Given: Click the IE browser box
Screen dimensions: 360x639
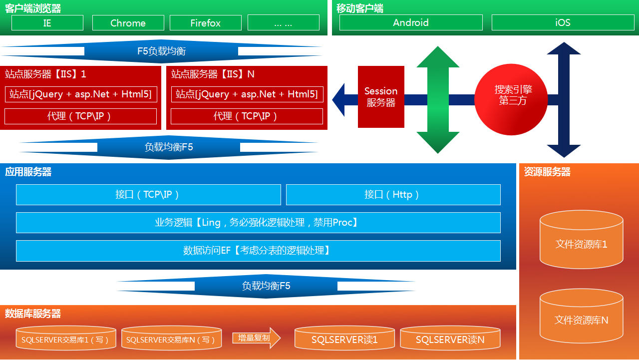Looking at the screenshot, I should pos(47,23).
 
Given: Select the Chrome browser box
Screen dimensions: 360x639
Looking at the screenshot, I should pos(128,23).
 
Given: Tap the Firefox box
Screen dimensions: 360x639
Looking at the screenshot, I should pos(206,23).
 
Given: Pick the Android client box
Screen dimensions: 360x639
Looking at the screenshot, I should pos(411,22).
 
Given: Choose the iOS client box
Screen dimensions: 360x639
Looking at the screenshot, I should pos(563,22).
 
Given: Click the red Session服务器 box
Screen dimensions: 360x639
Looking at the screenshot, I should pos(381,97).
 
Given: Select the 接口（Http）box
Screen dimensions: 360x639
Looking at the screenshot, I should pos(393,195).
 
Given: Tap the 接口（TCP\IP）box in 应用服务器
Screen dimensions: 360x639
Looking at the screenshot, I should pos(148,195).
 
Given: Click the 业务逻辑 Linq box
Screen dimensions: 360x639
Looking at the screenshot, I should pos(258,223).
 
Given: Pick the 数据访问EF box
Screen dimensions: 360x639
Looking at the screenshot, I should pos(258,251).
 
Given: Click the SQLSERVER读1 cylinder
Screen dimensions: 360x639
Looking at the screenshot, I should pos(344,339).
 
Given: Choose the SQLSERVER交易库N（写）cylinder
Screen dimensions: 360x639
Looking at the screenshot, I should pos(171,339).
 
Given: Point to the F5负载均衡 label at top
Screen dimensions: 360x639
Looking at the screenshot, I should pos(161,51).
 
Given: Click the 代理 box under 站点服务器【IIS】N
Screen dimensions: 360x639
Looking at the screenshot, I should pos(247,116).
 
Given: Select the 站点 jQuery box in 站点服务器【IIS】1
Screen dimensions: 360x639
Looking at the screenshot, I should pos(80,94).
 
